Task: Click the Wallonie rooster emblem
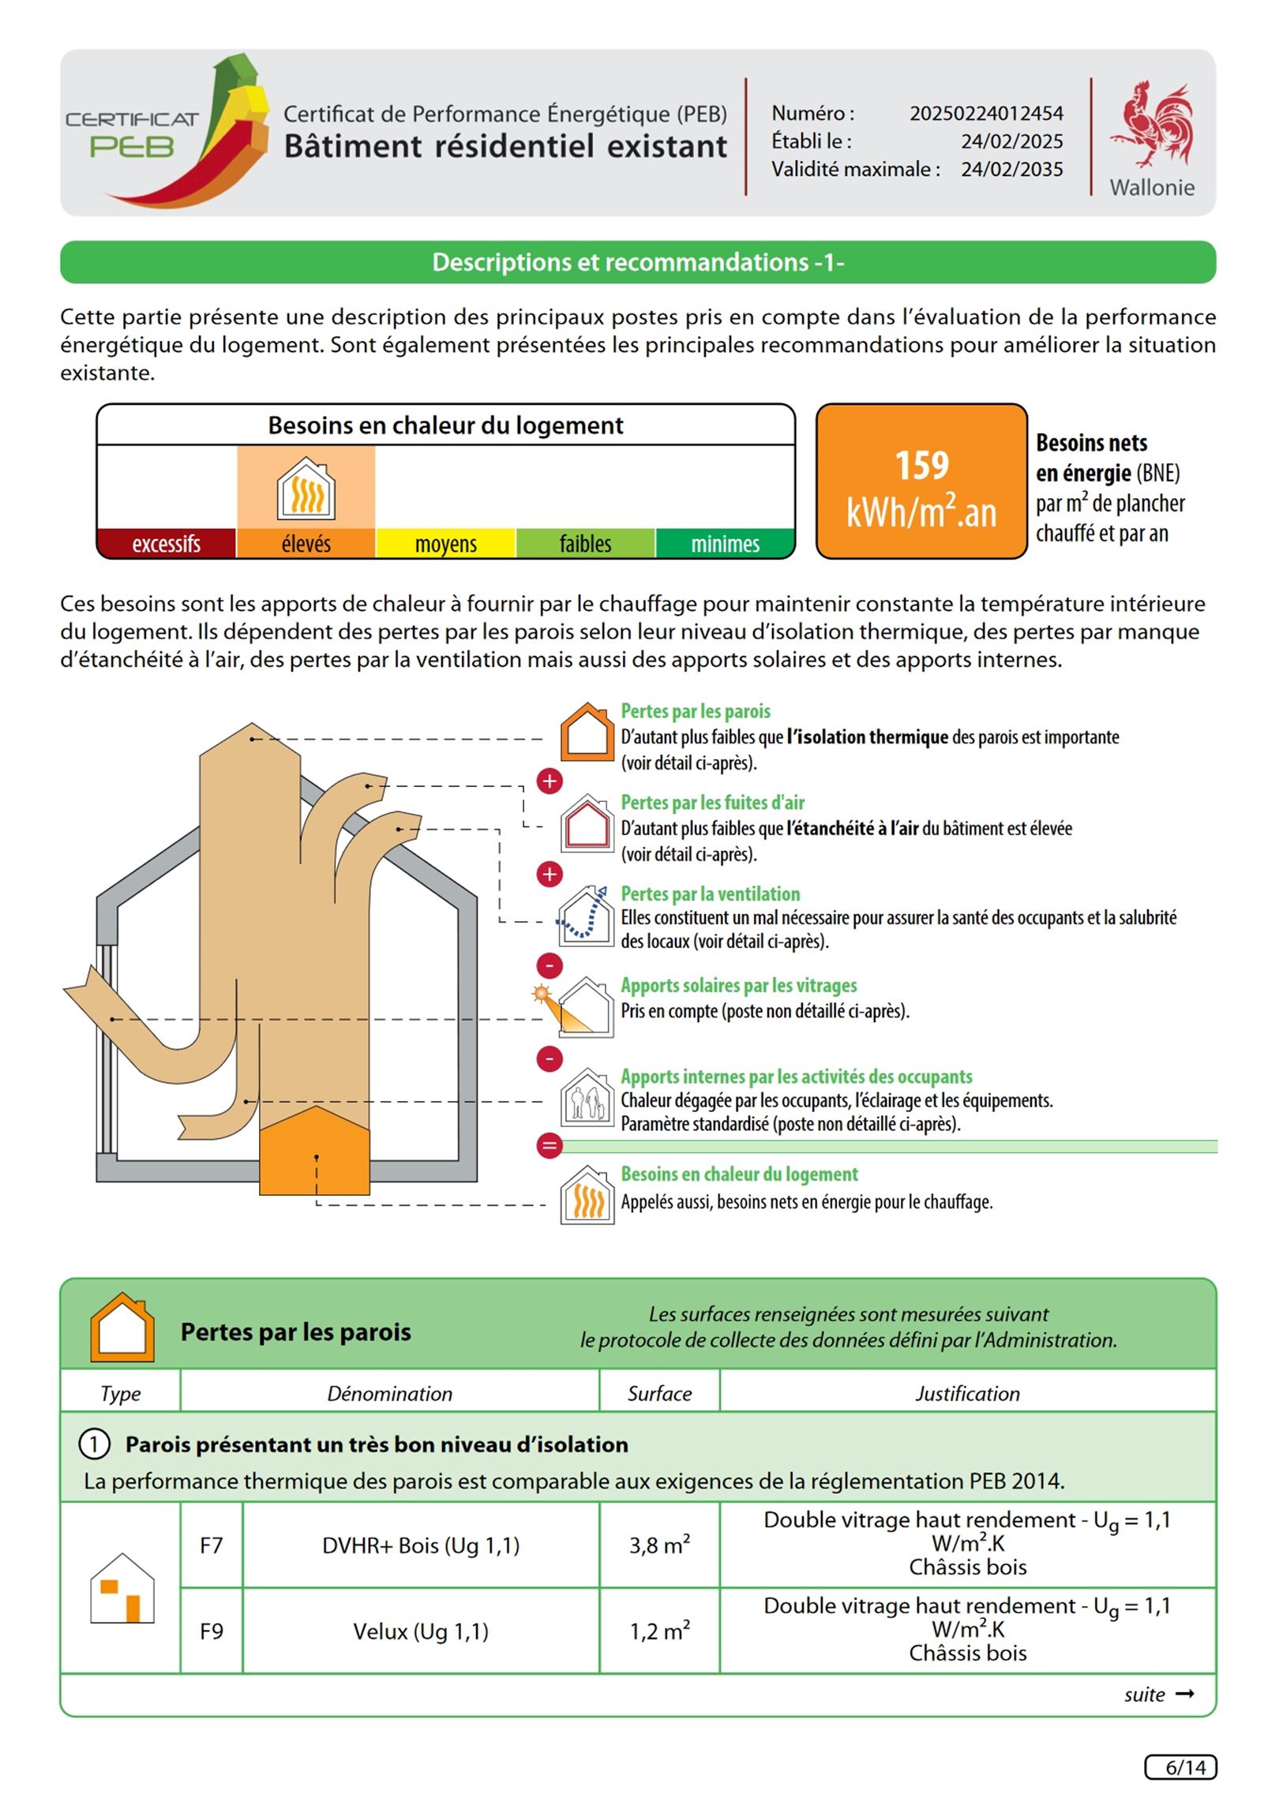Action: (1152, 125)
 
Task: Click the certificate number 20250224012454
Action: (986, 114)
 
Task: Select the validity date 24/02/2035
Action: (1011, 170)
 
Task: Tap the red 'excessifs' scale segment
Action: (166, 544)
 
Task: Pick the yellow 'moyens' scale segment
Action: (445, 544)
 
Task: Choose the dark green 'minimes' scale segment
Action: (725, 544)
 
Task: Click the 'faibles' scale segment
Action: (585, 544)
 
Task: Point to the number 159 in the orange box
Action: (921, 465)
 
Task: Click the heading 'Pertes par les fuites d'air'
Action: (712, 803)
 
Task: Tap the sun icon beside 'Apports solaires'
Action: (542, 994)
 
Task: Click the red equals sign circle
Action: (549, 1145)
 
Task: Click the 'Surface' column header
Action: (659, 1394)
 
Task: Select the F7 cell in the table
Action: (211, 1545)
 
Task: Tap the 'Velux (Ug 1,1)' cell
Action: (421, 1631)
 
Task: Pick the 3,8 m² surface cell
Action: (659, 1545)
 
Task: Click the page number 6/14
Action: (1180, 1767)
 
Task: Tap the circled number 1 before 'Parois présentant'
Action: (94, 1444)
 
